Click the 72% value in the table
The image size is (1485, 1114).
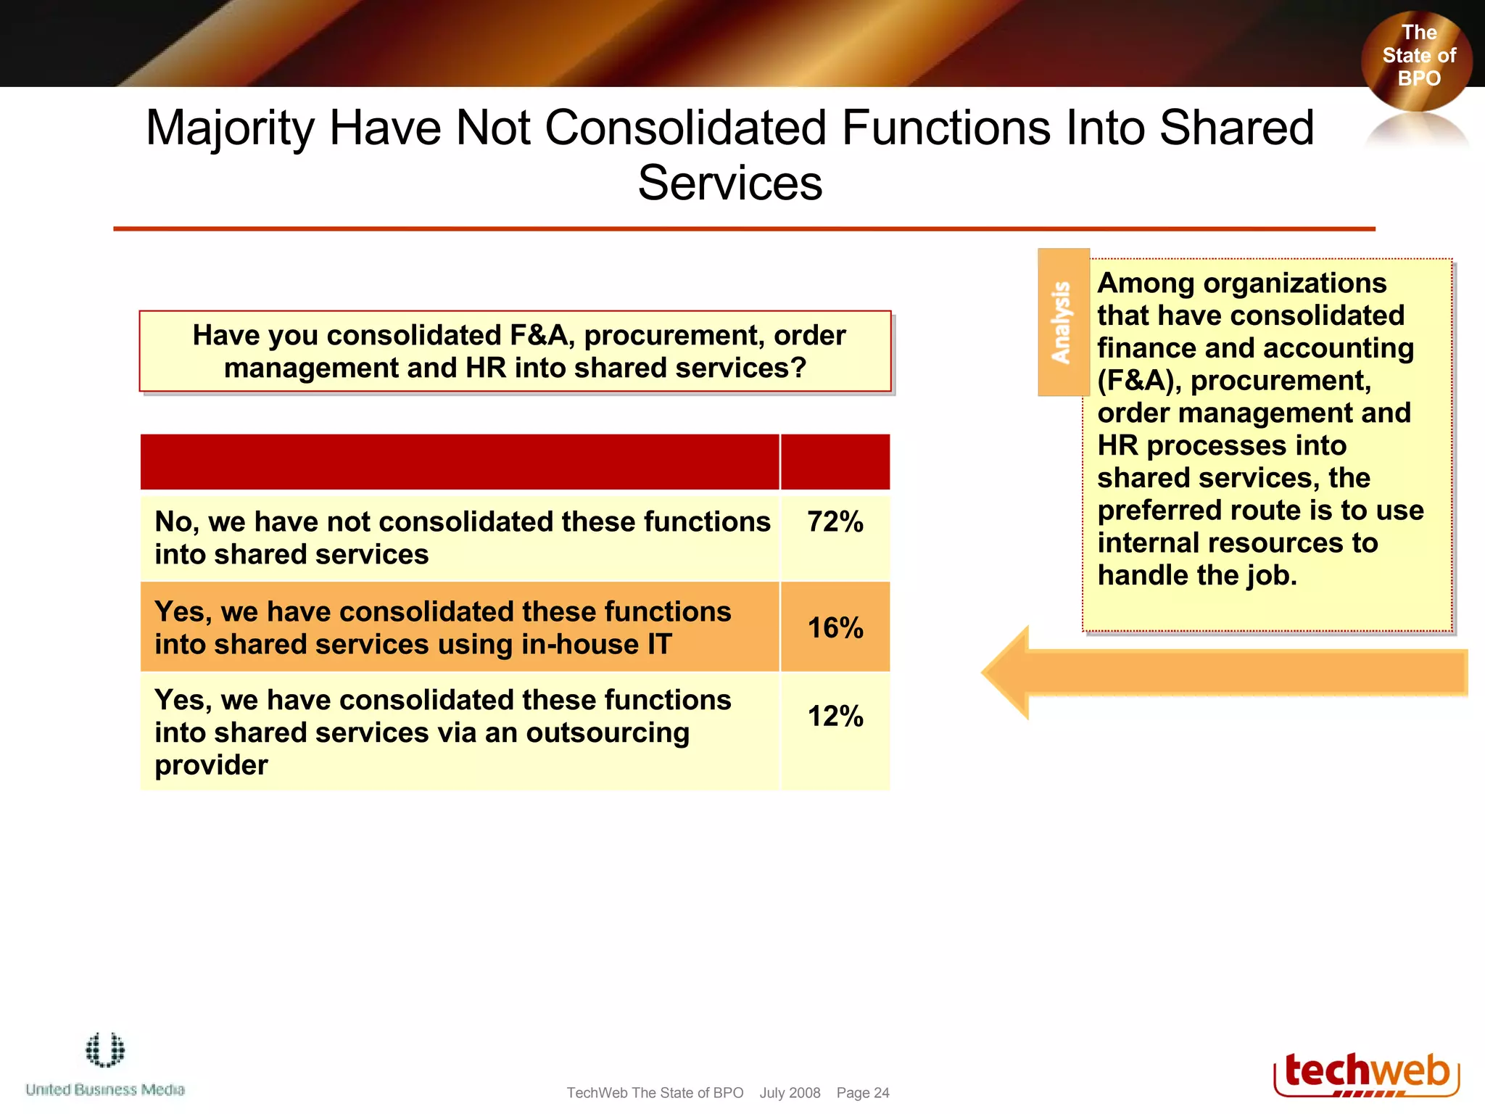(x=835, y=522)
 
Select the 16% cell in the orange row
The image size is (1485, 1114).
(x=835, y=628)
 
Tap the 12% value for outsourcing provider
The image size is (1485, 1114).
(x=835, y=717)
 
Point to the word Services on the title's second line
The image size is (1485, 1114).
(x=729, y=183)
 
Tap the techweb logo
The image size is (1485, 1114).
(x=1366, y=1074)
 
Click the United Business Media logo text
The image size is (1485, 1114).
(x=105, y=1089)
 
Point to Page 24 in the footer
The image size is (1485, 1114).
(x=862, y=1093)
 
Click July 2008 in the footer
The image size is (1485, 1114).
(x=790, y=1093)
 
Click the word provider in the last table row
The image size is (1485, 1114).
(x=211, y=766)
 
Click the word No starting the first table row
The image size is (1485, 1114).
(x=173, y=522)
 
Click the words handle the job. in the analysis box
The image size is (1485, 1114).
(x=1196, y=576)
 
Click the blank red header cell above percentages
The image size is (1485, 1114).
(x=835, y=462)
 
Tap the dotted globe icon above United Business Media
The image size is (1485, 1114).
(x=105, y=1050)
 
